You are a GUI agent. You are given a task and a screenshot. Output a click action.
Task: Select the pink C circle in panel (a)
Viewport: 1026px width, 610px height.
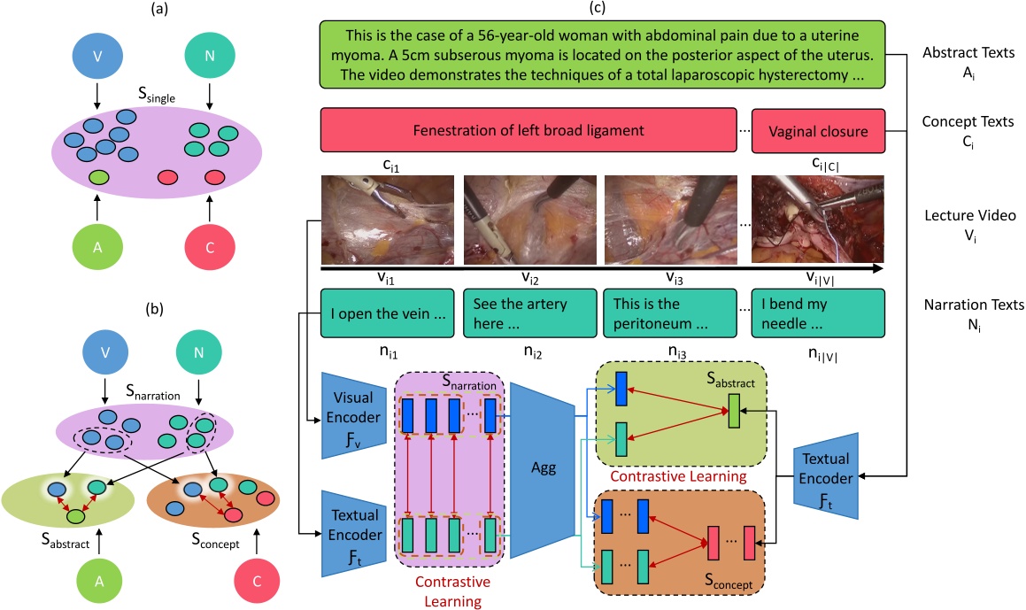[x=209, y=252]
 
